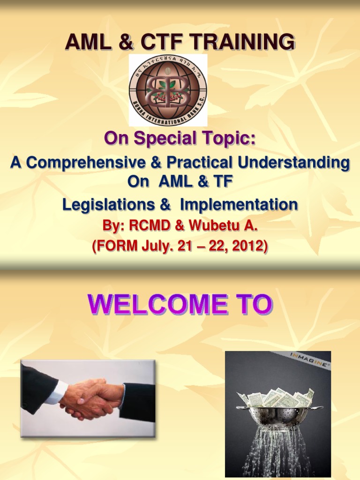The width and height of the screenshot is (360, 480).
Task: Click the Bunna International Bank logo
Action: tap(168, 90)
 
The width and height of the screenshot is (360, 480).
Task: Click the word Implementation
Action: tap(239, 204)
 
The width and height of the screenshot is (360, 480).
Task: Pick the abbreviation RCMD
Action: tap(146, 226)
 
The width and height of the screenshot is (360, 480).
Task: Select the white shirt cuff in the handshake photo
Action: tap(58, 392)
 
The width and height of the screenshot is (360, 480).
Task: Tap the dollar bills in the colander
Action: tap(277, 398)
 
